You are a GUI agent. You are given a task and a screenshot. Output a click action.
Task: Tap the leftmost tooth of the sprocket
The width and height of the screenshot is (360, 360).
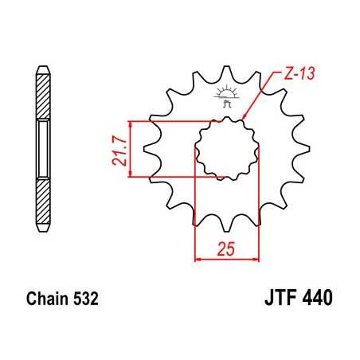pyautogui.click(x=148, y=149)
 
